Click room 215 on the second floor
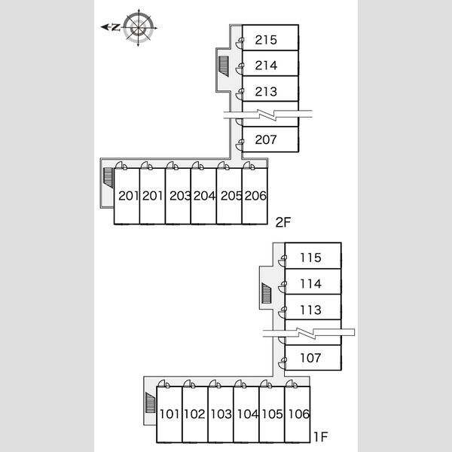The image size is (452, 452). pos(270,38)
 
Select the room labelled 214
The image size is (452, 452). pos(270,63)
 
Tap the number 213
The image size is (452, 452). pos(266,92)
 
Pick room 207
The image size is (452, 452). pos(270,139)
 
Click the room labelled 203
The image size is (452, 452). pos(178,196)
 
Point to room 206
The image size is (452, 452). pos(255,196)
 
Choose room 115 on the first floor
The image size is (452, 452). pos(313,255)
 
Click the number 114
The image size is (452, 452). pos(310,284)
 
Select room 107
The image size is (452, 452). pos(313,357)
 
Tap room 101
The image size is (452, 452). pos(169,414)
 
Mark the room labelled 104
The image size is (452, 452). pos(246,414)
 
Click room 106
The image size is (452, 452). pos(298,414)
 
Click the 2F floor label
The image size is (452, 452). pos(283,222)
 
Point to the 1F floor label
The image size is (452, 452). pos(321,437)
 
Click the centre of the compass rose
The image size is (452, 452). pos(139,28)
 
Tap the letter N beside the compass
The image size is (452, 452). pos(115,27)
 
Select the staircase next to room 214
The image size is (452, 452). pos(224,66)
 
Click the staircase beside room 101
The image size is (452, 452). pos(150,403)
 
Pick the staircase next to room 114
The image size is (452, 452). pos(267,293)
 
